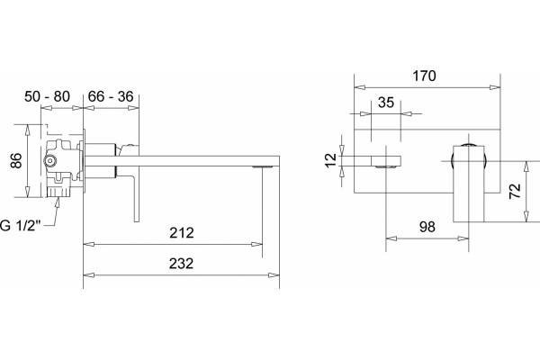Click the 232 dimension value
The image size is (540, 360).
(x=181, y=264)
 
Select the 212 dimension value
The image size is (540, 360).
(x=182, y=233)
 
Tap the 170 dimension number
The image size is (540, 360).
(x=424, y=76)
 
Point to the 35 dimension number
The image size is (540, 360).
(x=386, y=103)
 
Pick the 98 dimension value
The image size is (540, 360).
(x=427, y=227)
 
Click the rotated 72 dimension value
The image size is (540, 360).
(x=515, y=191)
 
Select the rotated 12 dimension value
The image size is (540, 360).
(x=331, y=159)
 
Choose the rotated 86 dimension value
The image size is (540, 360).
(x=16, y=160)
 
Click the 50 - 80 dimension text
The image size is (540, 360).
(x=47, y=96)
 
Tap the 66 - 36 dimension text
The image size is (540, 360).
(x=111, y=96)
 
